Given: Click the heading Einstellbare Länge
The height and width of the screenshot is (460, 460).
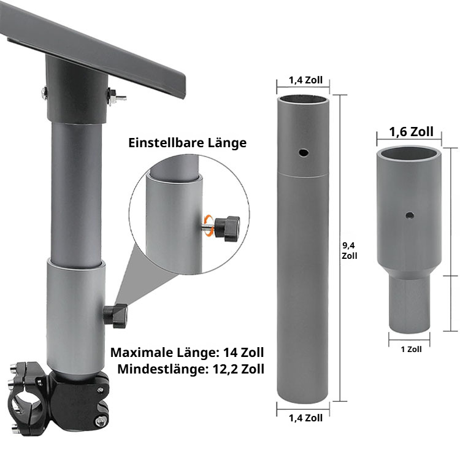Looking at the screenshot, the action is (x=188, y=143).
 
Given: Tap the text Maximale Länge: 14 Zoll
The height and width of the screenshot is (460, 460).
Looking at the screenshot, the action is (x=187, y=352).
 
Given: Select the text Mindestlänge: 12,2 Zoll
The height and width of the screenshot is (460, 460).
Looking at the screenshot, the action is (x=191, y=369).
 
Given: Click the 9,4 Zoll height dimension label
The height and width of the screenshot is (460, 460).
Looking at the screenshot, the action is (x=350, y=250).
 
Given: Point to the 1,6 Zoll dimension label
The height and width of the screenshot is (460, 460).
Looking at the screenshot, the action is (x=412, y=132).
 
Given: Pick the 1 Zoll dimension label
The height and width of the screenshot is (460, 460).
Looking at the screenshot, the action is (x=411, y=350).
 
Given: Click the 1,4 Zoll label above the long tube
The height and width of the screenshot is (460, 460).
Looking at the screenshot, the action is (x=305, y=80).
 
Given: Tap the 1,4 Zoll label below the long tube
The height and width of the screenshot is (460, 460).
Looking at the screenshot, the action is (x=305, y=418).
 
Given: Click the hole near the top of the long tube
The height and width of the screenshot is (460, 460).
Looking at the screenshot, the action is (x=304, y=153).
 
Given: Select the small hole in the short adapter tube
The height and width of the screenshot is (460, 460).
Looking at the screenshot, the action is (x=410, y=216).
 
